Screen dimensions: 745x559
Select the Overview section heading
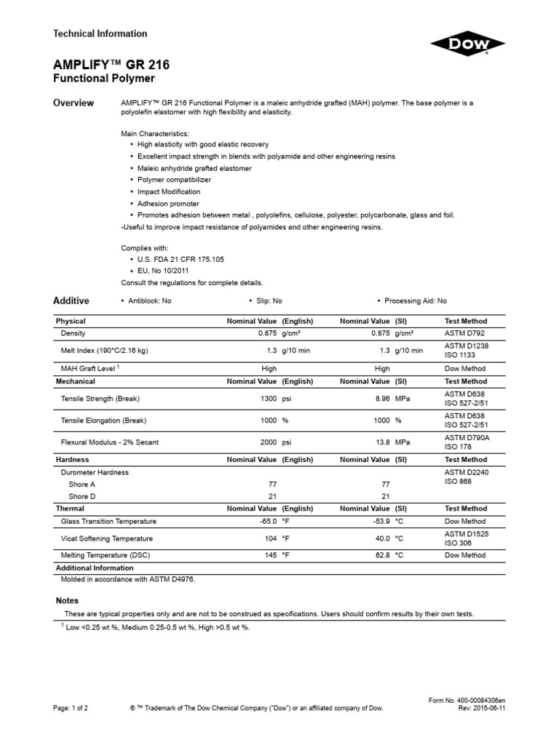point(74,103)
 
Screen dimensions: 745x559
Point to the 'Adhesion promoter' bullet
point(168,204)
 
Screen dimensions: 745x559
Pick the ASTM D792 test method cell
point(464,333)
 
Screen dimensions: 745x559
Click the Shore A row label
point(82,485)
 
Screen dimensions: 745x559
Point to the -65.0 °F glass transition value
point(266,522)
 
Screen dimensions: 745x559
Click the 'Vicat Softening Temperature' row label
point(107,538)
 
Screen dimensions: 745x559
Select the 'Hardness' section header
point(73,460)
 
